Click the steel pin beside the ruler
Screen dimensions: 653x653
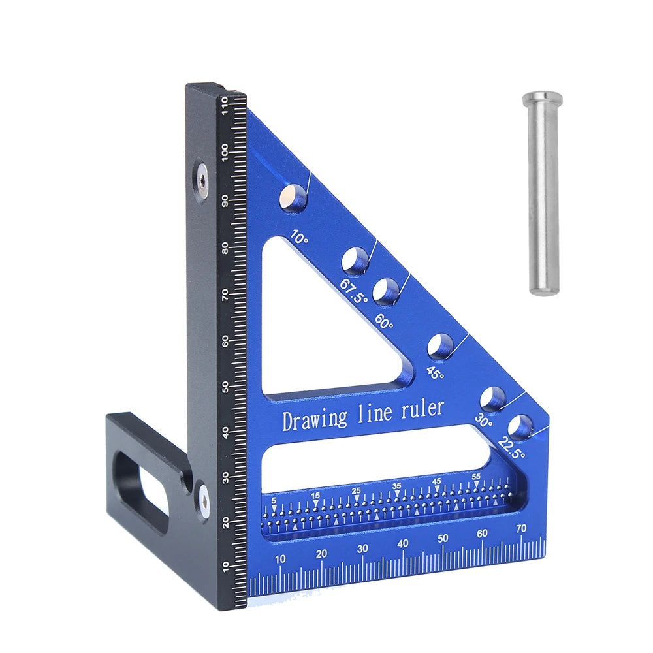(x=543, y=196)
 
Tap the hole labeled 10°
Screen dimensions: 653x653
(x=293, y=197)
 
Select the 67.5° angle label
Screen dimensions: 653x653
(x=353, y=291)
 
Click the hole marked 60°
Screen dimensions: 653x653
(x=387, y=291)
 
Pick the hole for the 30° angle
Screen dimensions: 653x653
(x=493, y=398)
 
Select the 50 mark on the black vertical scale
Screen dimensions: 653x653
(x=225, y=387)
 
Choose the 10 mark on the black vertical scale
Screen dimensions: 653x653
(x=225, y=565)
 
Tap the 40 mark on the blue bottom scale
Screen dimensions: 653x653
(x=403, y=543)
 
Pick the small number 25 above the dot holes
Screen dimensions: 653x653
(x=356, y=490)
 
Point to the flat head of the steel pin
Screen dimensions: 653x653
(x=542, y=98)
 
